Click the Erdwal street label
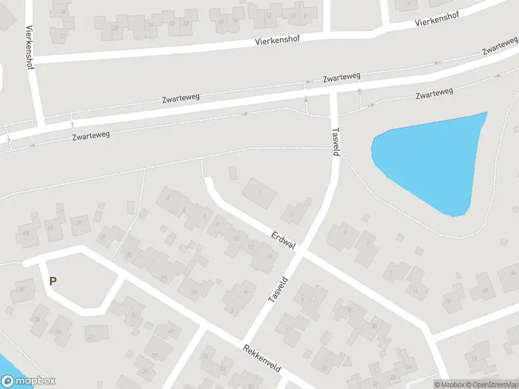pos(284,241)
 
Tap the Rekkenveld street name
pos(261,357)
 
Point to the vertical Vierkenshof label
pos(29,47)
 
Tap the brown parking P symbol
pos(53,281)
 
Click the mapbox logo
pos(29,381)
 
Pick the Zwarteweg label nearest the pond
pos(433,95)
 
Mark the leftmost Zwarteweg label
pos(90,136)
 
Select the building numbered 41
pos(50,228)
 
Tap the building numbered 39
pos(79,224)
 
